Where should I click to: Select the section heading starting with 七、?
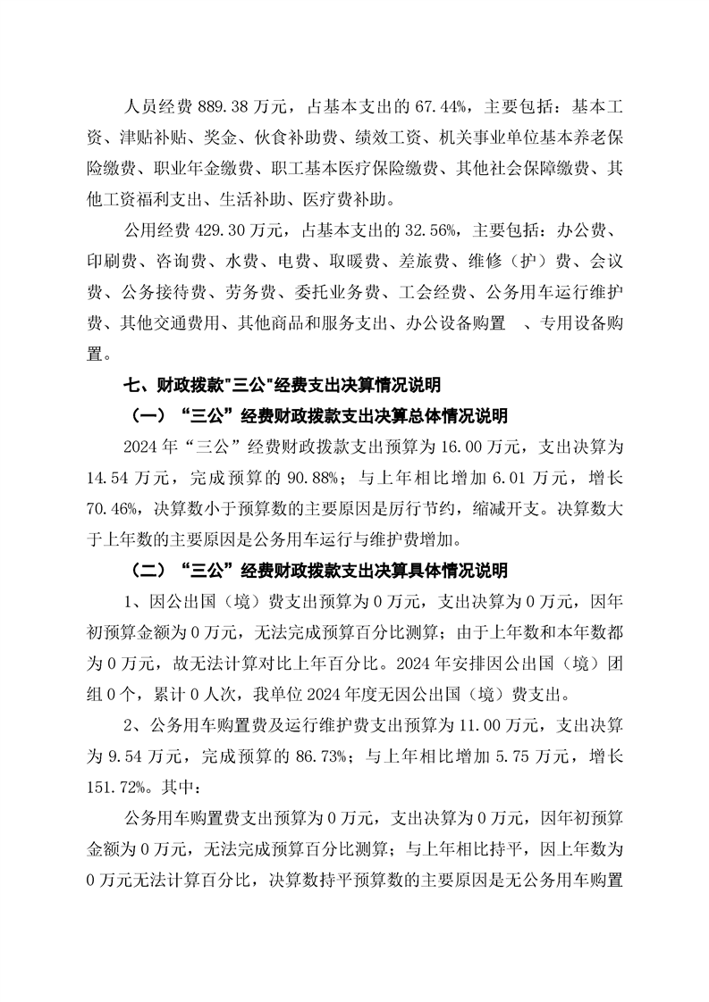pos(283,385)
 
